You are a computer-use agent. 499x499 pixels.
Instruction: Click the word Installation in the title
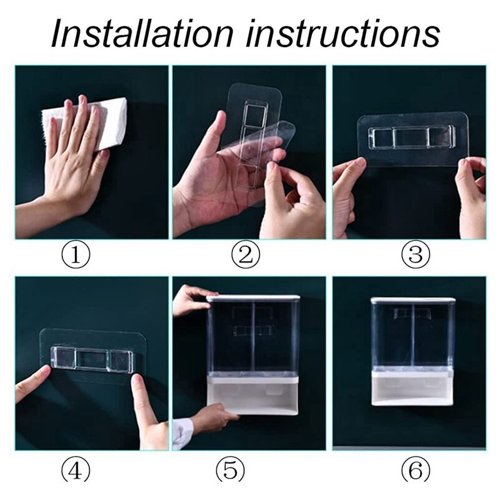tap(142, 33)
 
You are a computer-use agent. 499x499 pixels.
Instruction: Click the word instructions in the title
tap(342, 33)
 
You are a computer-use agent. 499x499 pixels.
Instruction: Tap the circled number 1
tap(75, 255)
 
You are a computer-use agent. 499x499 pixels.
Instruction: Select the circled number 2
tap(246, 255)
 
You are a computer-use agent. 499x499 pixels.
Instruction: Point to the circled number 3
tap(415, 255)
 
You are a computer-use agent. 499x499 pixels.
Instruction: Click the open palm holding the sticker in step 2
tap(210, 182)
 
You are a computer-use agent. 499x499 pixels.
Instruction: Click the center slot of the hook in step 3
tap(410, 138)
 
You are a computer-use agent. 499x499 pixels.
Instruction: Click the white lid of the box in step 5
tap(253, 298)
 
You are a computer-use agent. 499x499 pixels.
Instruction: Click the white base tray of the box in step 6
tap(412, 389)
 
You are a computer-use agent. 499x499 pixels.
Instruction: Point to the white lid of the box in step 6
tap(413, 300)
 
